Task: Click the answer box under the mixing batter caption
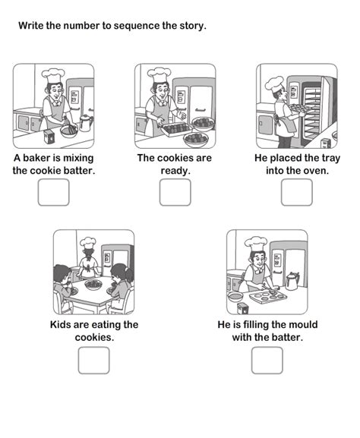(x=53, y=192)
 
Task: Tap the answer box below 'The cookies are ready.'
(x=175, y=192)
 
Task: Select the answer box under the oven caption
(x=297, y=192)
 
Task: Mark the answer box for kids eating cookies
(x=93, y=361)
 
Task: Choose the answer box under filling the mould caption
(x=267, y=361)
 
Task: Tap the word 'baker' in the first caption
(x=37, y=158)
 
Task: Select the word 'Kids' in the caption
(x=60, y=325)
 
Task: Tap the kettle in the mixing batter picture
(x=86, y=123)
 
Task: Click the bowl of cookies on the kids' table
(x=93, y=285)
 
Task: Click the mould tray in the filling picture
(x=268, y=297)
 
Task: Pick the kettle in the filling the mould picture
(x=292, y=282)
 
